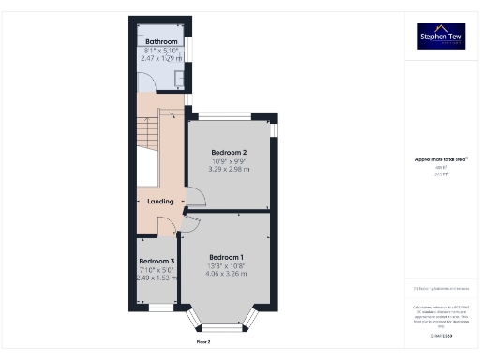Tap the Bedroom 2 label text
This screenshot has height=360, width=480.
(229, 152)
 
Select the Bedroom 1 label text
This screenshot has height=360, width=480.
(226, 257)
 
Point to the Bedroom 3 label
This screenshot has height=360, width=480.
(157, 261)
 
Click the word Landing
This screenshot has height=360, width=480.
(154, 201)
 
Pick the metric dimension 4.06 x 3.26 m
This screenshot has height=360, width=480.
(226, 275)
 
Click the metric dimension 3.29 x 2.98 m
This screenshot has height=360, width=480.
(229, 170)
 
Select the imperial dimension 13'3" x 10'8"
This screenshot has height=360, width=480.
(226, 266)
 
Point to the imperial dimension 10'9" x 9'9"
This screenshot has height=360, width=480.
(229, 161)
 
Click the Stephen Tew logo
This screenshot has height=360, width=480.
(441, 37)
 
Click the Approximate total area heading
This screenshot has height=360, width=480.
(441, 159)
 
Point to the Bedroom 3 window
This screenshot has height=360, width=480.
(161, 307)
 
